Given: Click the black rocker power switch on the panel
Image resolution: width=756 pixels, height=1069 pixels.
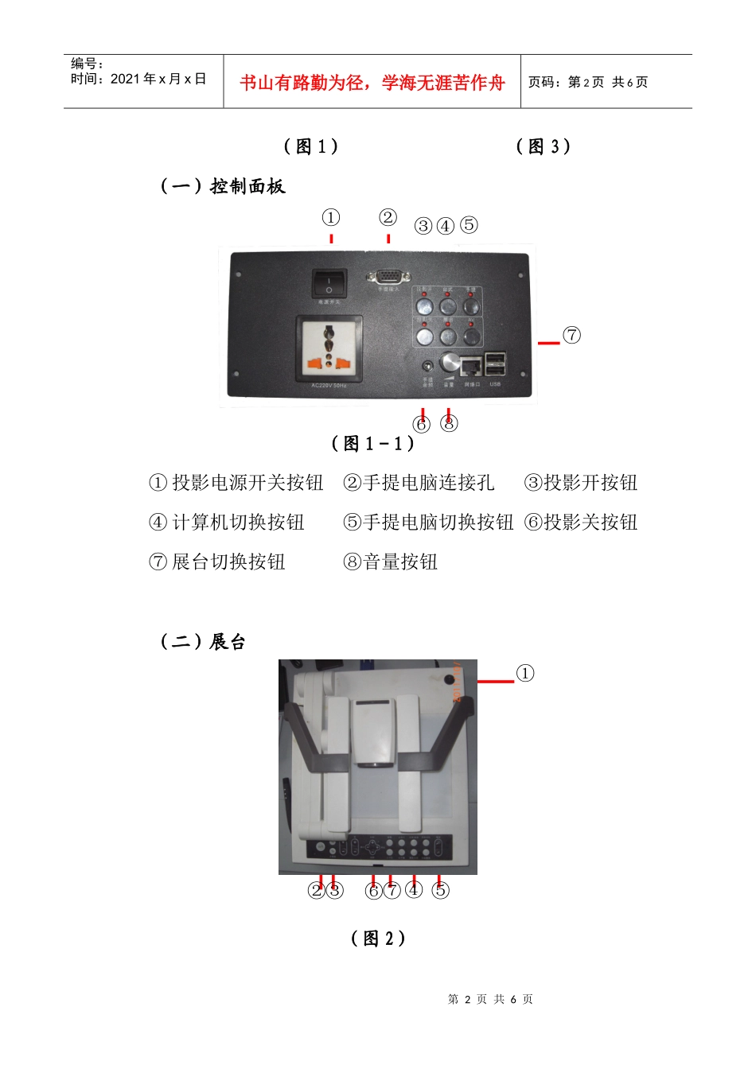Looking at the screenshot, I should [x=329, y=283].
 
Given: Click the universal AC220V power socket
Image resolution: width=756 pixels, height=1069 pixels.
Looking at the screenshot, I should [x=329, y=348].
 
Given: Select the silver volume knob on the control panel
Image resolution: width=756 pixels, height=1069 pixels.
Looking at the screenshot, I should [x=450, y=363].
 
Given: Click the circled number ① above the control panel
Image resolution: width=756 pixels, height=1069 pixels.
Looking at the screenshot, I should [x=331, y=217].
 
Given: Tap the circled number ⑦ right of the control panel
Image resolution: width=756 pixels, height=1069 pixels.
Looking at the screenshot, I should [x=571, y=335].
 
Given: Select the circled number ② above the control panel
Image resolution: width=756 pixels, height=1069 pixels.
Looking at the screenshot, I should [x=388, y=217].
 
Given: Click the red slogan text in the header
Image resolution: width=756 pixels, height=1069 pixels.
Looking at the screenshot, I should [x=372, y=83].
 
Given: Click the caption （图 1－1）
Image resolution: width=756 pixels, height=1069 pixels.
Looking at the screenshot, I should [x=372, y=444].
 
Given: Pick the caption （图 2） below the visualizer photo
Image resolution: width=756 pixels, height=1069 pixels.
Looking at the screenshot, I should [x=378, y=939].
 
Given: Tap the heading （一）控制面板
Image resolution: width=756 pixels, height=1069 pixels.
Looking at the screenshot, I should [x=223, y=186].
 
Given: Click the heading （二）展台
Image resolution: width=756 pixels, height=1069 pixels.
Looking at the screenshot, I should [x=203, y=642].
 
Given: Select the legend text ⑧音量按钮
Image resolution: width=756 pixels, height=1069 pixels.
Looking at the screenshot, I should [x=391, y=562].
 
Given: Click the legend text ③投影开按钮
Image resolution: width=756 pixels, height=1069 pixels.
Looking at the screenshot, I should [x=581, y=483].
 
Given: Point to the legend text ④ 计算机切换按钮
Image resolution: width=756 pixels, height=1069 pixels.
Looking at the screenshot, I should [x=227, y=523].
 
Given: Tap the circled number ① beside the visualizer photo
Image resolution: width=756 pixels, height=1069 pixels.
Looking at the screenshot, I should [x=525, y=674].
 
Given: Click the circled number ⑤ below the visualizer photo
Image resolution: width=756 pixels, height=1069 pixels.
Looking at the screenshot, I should [x=440, y=890].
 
